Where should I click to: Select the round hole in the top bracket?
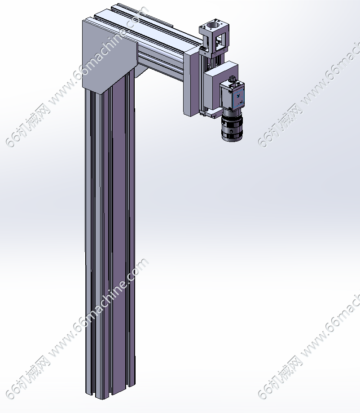(x=213, y=26)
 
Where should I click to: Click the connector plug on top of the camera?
(x=232, y=79)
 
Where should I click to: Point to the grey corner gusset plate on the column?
(x=110, y=56)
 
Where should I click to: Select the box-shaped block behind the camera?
(x=220, y=87)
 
